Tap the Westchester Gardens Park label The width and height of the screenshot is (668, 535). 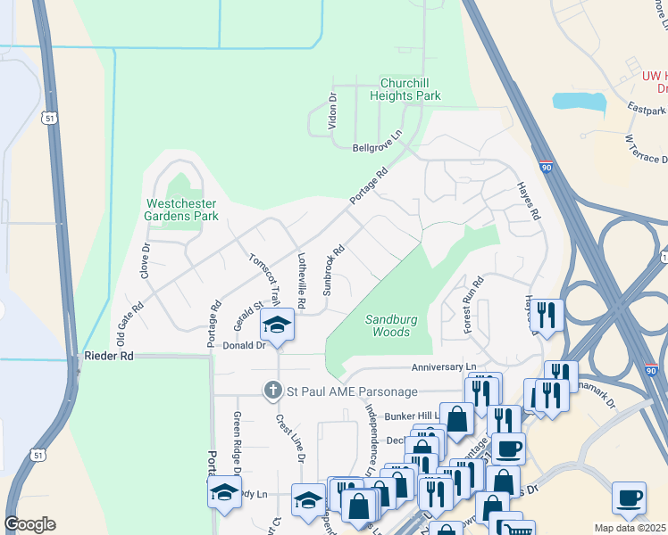click(x=182, y=210)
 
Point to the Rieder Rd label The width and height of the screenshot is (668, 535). click(x=108, y=356)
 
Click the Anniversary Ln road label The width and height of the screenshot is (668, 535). click(x=443, y=367)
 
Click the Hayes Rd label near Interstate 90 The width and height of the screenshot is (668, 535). click(x=529, y=202)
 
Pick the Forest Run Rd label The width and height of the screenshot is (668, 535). click(x=473, y=305)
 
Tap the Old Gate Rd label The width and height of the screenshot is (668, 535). click(x=130, y=317)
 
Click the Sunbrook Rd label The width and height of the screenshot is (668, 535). click(x=333, y=271)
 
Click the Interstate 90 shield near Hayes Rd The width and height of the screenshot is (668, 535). click(x=547, y=167)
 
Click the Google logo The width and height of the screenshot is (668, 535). click(x=29, y=524)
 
